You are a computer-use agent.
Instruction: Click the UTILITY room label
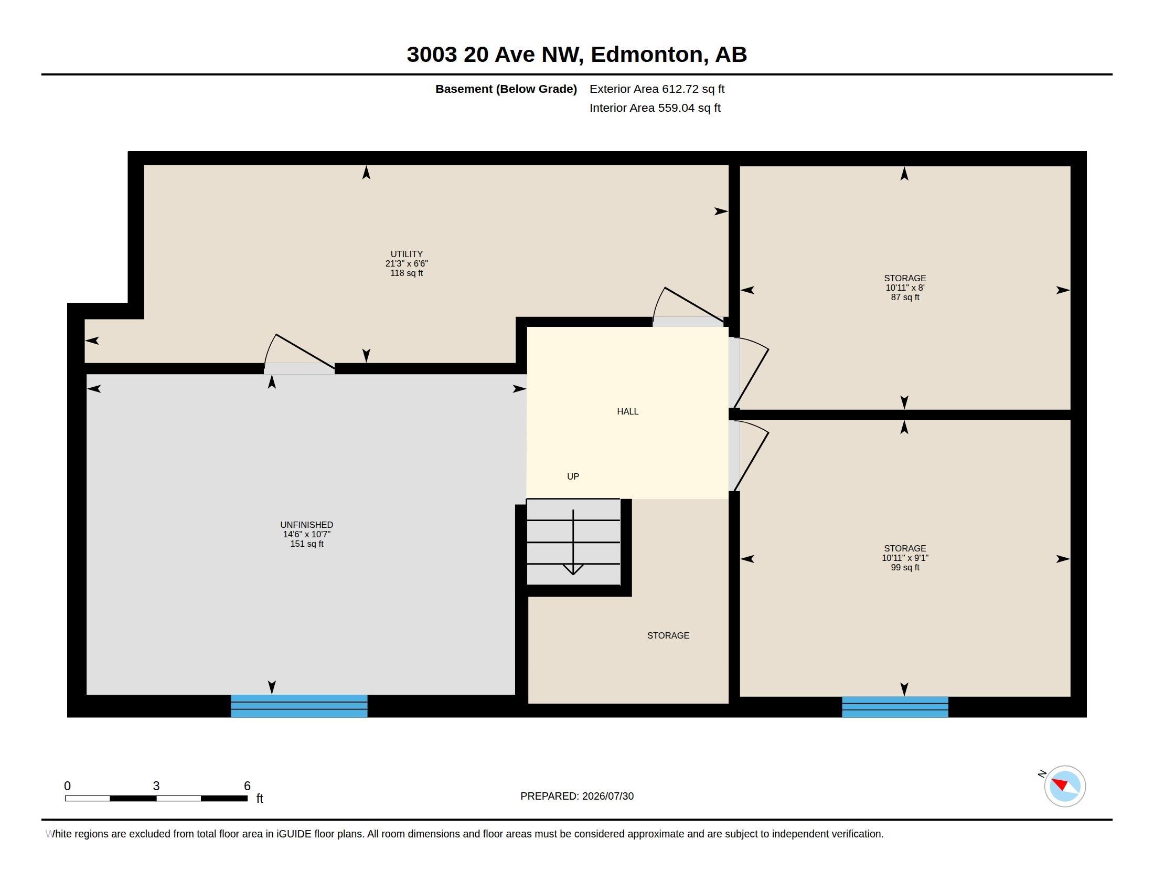pyautogui.click(x=407, y=254)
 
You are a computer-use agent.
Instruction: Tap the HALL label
pyautogui.click(x=628, y=412)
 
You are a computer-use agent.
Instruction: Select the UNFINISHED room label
pyautogui.click(x=306, y=525)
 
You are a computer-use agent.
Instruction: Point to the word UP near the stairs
pyautogui.click(x=573, y=476)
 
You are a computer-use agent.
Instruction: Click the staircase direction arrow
pyautogui.click(x=573, y=542)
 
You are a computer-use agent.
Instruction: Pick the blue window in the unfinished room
pyautogui.click(x=299, y=706)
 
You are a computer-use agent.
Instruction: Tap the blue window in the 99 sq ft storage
pyautogui.click(x=895, y=707)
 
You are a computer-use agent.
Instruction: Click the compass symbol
pyautogui.click(x=1064, y=786)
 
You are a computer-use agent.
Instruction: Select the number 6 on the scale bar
pyautogui.click(x=247, y=786)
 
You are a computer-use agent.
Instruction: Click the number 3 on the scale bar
pyautogui.click(x=156, y=786)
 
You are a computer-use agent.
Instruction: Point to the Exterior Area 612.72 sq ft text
pyautogui.click(x=657, y=89)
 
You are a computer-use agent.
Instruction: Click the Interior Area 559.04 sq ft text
pyautogui.click(x=655, y=108)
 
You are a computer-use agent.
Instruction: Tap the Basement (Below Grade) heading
pyautogui.click(x=506, y=89)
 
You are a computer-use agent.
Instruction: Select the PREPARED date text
pyautogui.click(x=577, y=796)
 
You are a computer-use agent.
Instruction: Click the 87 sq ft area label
pyautogui.click(x=905, y=297)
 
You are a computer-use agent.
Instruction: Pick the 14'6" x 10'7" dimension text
pyautogui.click(x=306, y=534)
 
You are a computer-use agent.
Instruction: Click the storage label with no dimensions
pyautogui.click(x=668, y=635)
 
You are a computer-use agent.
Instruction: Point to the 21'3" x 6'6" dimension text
pyautogui.click(x=407, y=264)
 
